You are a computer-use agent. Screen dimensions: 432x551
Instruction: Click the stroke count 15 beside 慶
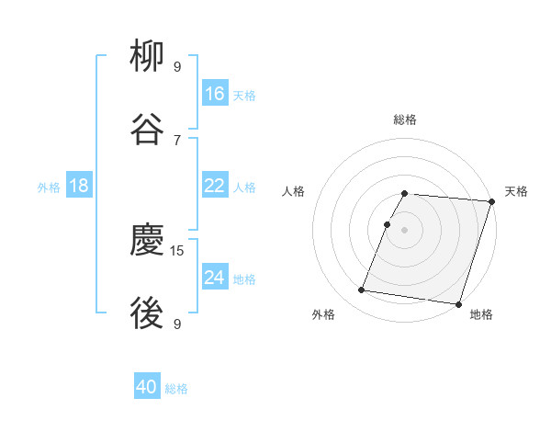pos(178,250)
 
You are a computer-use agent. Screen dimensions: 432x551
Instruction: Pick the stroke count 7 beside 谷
pos(177,140)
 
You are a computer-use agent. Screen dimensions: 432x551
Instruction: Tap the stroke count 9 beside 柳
pos(177,67)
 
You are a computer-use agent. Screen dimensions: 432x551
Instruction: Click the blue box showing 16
pos(215,93)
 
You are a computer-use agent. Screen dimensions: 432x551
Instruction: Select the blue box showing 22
pos(215,186)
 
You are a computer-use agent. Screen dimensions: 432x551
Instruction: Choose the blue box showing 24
pos(215,278)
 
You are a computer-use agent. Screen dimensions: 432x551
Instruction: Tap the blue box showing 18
pos(79,186)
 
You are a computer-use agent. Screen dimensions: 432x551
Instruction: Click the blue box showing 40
pos(147,387)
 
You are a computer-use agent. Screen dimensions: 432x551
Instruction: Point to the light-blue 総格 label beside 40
pos(176,389)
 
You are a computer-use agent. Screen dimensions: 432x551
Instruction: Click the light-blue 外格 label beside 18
pos(49,188)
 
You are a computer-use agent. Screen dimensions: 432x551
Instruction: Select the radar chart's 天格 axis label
pos(516,191)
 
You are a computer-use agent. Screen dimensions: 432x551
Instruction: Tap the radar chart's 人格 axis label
pos(294,191)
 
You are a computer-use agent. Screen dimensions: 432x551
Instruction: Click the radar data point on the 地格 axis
pos(458,303)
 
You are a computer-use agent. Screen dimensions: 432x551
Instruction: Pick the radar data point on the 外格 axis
pos(362,290)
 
